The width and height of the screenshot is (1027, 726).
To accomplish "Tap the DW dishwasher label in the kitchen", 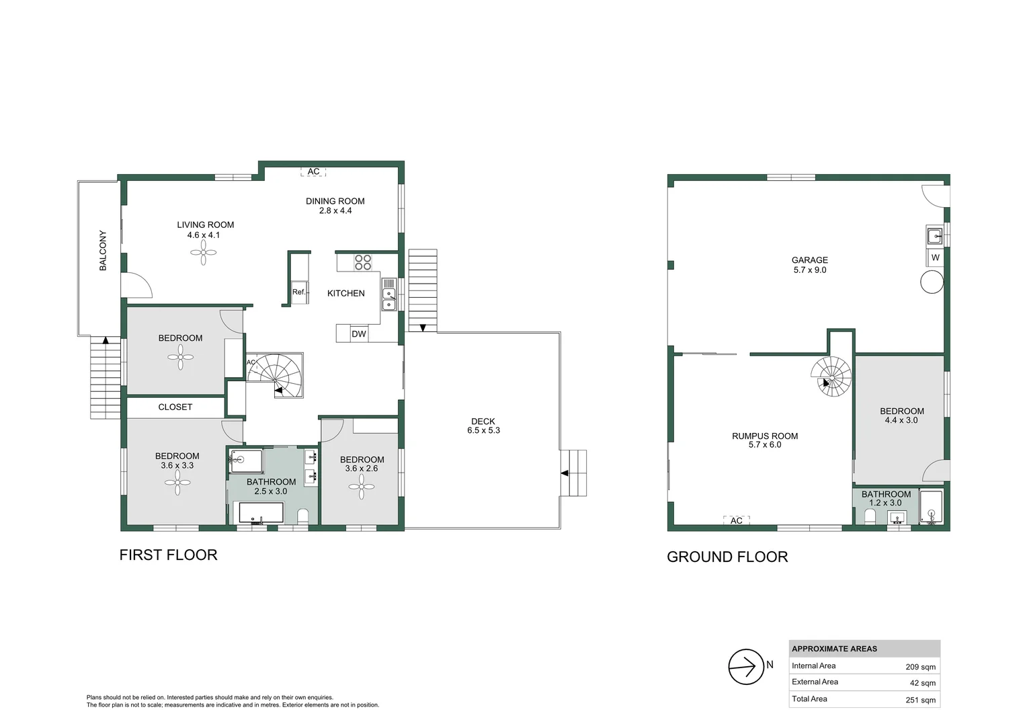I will pos(359,334).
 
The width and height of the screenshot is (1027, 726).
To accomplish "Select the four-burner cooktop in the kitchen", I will pos(363,262).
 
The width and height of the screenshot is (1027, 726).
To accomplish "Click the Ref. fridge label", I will pos(299,292).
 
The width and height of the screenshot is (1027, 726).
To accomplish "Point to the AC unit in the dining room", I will pos(313,171).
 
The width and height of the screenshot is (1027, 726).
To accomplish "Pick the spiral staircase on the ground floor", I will pos(831,376).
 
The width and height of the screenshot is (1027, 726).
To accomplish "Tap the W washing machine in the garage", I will pos(935,257).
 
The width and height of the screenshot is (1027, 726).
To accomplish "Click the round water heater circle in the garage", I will pos(932,282).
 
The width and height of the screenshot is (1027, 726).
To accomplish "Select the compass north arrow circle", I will pos(746,667).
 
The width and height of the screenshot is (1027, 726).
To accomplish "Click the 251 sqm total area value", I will pos(920,700).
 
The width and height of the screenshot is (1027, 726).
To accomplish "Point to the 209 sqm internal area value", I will pos(920,667).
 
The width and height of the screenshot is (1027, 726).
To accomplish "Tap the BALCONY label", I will pos(103,251).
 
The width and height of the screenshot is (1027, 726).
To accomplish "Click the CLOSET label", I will pos(175,407).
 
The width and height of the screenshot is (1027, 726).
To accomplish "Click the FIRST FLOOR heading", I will pos(168,555).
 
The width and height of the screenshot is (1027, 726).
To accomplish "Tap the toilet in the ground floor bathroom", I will pos(870,516).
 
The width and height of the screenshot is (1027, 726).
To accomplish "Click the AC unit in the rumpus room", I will pos(736,520).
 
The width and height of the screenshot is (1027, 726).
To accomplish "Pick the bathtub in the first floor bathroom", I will pos(261,512).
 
